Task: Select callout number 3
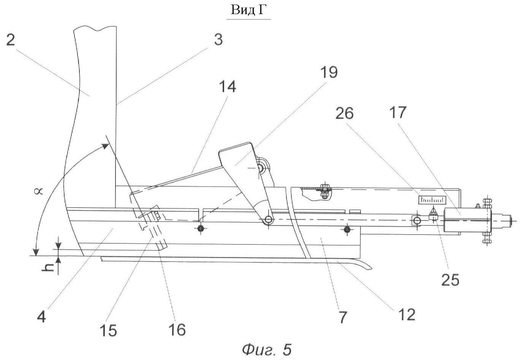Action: [x=218, y=39]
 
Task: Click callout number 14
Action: [x=228, y=86]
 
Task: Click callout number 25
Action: [x=450, y=279]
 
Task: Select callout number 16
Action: [x=177, y=329]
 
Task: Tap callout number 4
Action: [x=42, y=316]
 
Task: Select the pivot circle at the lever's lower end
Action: [x=268, y=220]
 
